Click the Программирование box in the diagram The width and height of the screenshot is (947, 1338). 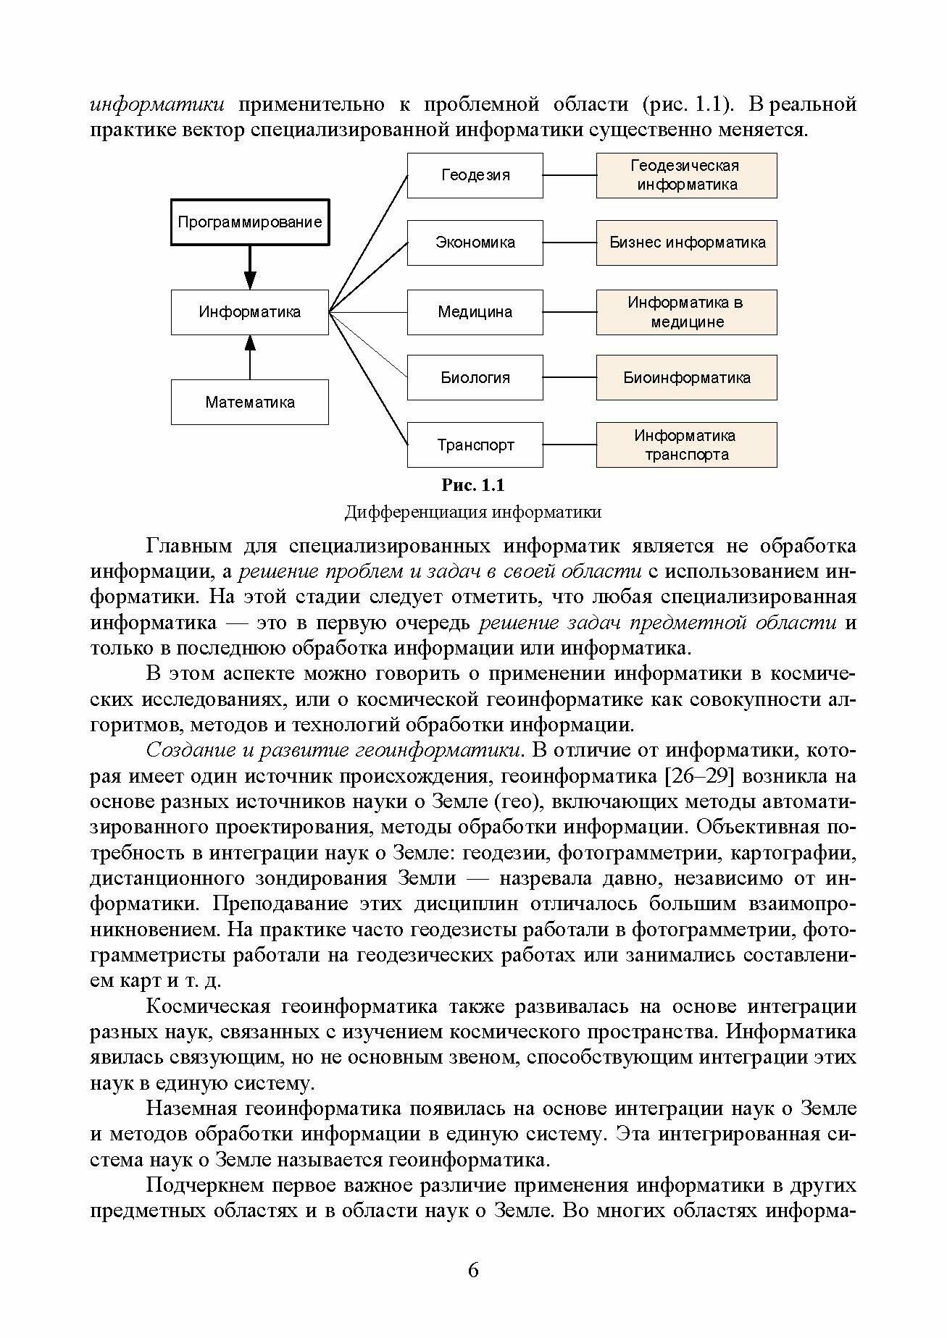coord(249,222)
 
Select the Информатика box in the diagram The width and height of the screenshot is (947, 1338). coord(249,312)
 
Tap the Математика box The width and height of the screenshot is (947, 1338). coord(249,402)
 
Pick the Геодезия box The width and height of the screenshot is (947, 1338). coord(475,175)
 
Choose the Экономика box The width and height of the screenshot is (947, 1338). coord(475,243)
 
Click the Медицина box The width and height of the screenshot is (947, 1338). coord(475,312)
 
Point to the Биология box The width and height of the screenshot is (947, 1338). coord(475,377)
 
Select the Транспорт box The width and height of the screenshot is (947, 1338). coord(475,445)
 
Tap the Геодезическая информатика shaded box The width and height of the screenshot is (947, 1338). coord(686,175)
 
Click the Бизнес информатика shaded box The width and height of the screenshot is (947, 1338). coord(686,243)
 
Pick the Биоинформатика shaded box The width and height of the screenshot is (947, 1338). coord(686,377)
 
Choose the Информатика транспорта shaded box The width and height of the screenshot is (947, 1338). coord(686,445)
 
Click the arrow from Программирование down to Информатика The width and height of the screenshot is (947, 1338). coord(250,268)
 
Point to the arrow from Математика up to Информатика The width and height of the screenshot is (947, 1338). coord(250,357)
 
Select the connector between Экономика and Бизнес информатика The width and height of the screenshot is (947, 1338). coord(570,243)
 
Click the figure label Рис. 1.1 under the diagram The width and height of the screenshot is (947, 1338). coord(472,485)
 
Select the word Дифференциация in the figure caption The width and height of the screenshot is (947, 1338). coord(415,513)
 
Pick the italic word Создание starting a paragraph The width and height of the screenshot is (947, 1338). coord(188,751)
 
